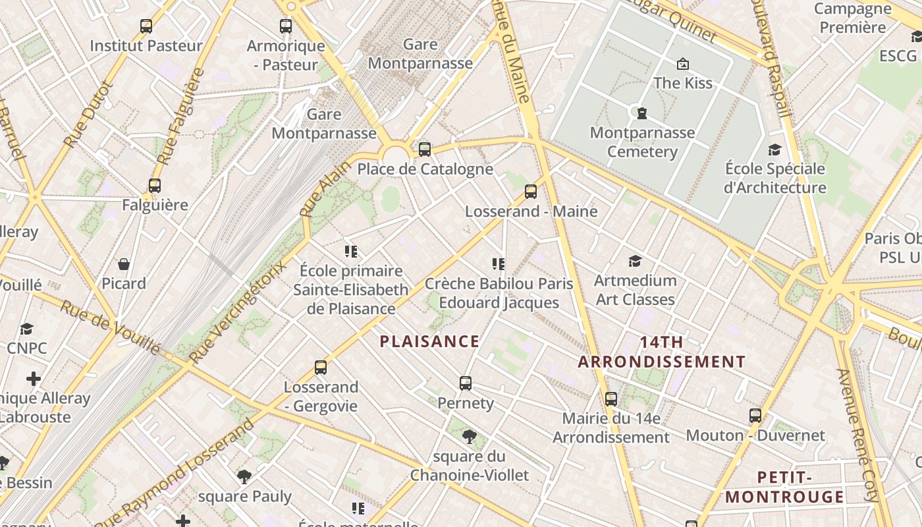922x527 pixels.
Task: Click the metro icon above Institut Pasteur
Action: pyautogui.click(x=146, y=26)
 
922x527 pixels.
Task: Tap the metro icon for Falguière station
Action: pyautogui.click(x=155, y=186)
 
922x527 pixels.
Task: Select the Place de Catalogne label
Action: pyautogui.click(x=425, y=169)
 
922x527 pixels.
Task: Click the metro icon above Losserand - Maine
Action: pyautogui.click(x=531, y=192)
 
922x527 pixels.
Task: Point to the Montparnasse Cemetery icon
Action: pyautogui.click(x=642, y=113)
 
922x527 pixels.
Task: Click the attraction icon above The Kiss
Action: pyautogui.click(x=683, y=64)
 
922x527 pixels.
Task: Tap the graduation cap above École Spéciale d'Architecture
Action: pyautogui.click(x=774, y=150)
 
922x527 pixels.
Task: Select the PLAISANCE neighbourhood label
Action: pyautogui.click(x=430, y=341)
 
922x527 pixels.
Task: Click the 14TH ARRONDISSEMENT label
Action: pyautogui.click(x=662, y=352)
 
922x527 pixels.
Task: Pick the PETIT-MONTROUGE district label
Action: pyautogui.click(x=784, y=487)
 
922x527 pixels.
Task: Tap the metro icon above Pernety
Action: pyautogui.click(x=466, y=383)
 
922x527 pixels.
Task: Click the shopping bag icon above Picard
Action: pyautogui.click(x=124, y=264)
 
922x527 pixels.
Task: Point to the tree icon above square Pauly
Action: pyautogui.click(x=244, y=477)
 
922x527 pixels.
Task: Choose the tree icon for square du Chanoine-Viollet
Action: pyautogui.click(x=470, y=436)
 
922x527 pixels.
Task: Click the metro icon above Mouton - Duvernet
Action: pyautogui.click(x=755, y=416)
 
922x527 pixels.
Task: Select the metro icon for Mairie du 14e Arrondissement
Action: pyautogui.click(x=611, y=399)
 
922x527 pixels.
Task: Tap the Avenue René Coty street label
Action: pyautogui.click(x=858, y=435)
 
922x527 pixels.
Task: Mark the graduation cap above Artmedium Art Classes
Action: pyautogui.click(x=635, y=262)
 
